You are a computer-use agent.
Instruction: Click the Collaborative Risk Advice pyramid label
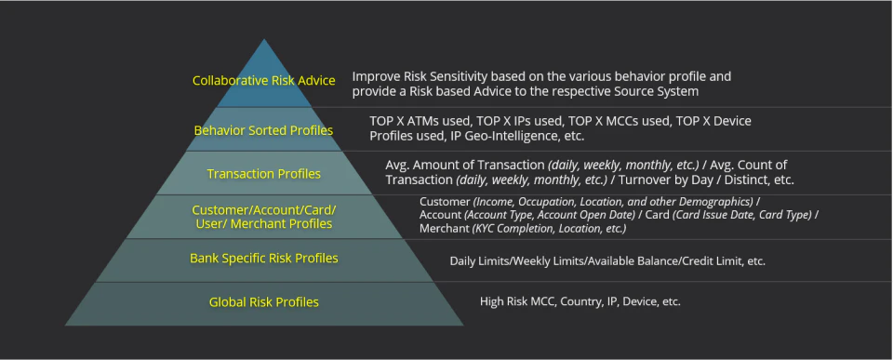click(263, 81)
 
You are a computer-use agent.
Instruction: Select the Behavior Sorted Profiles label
click(263, 130)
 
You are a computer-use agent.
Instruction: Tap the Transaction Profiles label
click(263, 174)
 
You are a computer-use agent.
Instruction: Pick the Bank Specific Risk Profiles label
click(263, 258)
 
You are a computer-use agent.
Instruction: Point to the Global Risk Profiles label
click(263, 302)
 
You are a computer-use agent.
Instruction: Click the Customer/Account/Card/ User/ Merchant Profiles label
click(263, 217)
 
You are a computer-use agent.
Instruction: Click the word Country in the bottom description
click(580, 301)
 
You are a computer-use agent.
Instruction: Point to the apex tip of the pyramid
click(263, 39)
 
